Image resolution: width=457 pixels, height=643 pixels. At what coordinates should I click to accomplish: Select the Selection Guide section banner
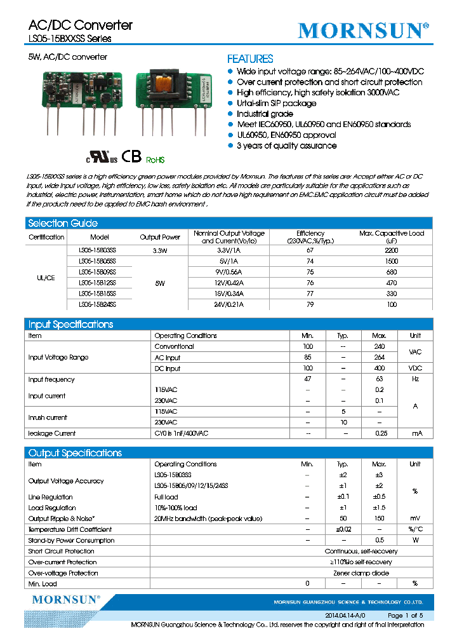click(x=63, y=223)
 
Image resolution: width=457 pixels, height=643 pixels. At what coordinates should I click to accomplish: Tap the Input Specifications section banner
click(x=70, y=324)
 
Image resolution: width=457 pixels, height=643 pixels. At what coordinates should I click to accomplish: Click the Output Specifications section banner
click(x=75, y=453)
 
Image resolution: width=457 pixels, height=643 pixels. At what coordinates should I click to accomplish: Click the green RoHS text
click(x=156, y=160)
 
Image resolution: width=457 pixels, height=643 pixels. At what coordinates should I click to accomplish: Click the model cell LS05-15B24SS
click(x=97, y=304)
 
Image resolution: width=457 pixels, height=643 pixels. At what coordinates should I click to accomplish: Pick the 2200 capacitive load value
click(x=391, y=250)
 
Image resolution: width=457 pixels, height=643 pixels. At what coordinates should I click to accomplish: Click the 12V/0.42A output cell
click(x=228, y=283)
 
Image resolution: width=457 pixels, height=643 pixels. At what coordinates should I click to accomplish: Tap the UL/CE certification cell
click(x=46, y=278)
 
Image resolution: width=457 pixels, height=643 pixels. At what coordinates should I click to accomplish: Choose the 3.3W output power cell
click(x=159, y=250)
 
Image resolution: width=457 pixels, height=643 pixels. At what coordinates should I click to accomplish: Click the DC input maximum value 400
click(x=379, y=369)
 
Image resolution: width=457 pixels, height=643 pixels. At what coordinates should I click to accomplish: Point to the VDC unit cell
click(x=414, y=369)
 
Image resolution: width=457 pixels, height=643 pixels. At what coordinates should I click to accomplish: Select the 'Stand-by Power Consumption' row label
click(x=71, y=541)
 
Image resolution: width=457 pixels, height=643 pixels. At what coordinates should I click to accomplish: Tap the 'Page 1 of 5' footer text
click(x=405, y=616)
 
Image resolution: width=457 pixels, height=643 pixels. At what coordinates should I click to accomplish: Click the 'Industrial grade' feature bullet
click(x=265, y=114)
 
